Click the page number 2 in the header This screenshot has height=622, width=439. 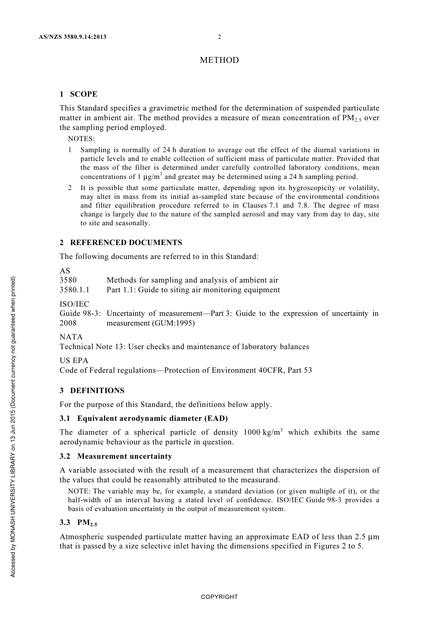(219, 37)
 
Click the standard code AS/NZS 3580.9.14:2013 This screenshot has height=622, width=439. (72, 37)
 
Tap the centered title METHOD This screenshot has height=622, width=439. (219, 60)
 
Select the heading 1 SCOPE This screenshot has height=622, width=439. (79, 94)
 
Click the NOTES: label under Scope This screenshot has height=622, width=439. (81, 138)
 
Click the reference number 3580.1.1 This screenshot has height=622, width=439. (74, 290)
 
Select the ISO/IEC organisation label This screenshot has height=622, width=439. (74, 303)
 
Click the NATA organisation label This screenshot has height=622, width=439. (71, 337)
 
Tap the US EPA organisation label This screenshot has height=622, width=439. (74, 360)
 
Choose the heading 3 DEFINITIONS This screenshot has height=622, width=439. (92, 390)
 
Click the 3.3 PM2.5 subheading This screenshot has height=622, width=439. (79, 523)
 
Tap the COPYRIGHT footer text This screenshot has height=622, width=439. (219, 597)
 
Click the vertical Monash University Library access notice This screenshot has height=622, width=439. (13, 426)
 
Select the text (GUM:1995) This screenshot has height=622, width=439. (173, 323)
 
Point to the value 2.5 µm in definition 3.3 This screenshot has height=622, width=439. (367, 537)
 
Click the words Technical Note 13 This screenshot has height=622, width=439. (92, 346)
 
